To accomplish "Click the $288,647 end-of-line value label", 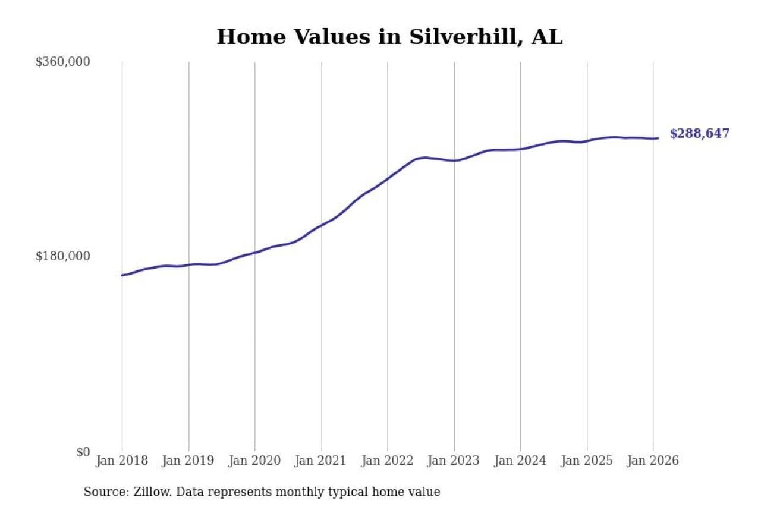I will coord(699,134).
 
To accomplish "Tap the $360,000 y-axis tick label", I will coord(62,62).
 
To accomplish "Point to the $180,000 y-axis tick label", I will coord(62,256).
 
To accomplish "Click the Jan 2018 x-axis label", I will coord(122,461).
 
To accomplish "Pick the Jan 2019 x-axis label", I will coord(188,461).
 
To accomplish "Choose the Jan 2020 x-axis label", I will coord(255,461).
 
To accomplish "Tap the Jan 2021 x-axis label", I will coord(322,461).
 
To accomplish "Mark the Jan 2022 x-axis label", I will coord(388,461).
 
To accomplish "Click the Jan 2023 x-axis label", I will coord(454,461).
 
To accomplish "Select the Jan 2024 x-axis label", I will coord(520,461).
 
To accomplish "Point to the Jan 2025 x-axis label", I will coord(587,461).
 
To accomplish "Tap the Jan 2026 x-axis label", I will coord(653,461).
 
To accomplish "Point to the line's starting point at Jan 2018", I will coord(122,275).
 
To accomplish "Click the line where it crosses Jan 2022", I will coord(388,178).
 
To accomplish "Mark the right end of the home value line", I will coord(658,138).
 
